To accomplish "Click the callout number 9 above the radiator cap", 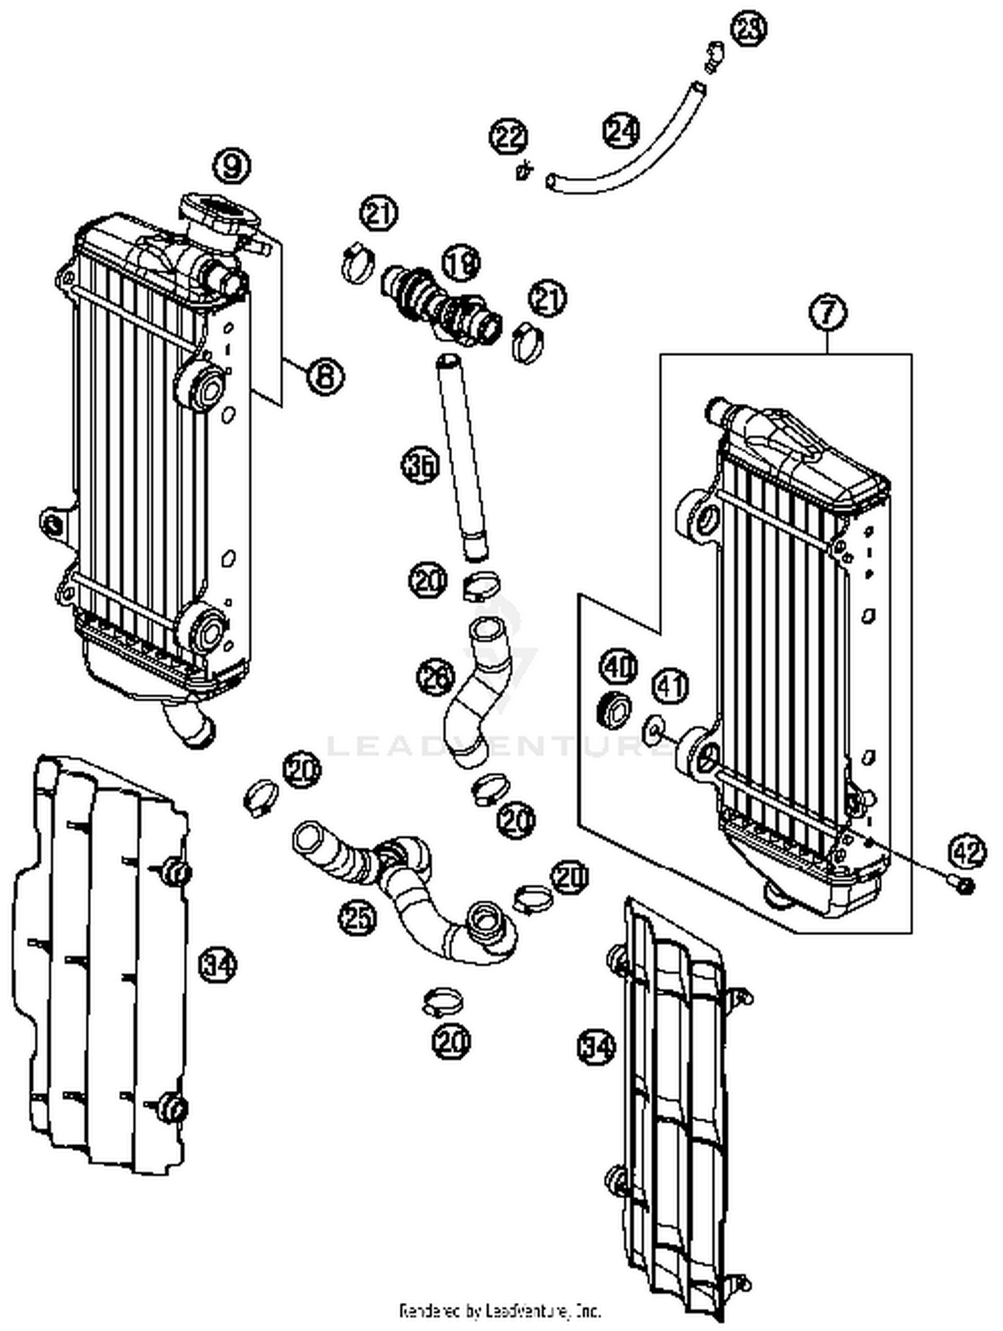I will pos(231,165).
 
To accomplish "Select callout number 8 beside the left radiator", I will pos(326,376).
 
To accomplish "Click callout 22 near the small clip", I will pos(510,137).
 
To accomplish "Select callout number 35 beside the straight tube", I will pos(420,466).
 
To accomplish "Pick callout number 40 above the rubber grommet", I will pos(619,666).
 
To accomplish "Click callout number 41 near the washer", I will pos(670,687).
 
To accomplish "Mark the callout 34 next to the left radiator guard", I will pos(218,965).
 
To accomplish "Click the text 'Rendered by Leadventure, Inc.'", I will pos(500,1309).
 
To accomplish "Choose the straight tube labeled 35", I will pos(461,455).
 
